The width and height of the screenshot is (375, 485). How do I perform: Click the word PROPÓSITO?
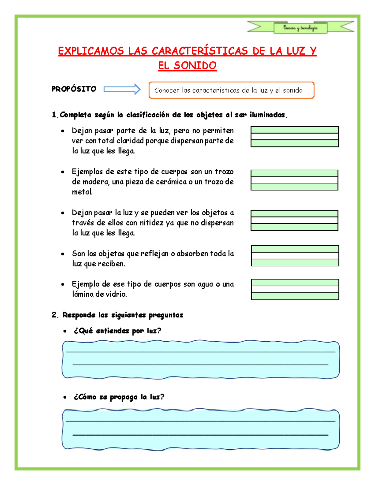pos(74,89)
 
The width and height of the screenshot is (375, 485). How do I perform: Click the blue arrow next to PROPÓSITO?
pos(122,89)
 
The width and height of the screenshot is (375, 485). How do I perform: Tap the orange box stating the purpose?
pos(231,90)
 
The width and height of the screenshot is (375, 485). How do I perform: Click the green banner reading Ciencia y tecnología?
pos(300,28)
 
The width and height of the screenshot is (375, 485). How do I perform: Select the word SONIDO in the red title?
pos(195,66)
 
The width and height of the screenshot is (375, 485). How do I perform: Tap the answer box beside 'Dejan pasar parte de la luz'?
pos(294,136)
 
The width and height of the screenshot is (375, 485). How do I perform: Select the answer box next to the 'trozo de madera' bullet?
pos(294,180)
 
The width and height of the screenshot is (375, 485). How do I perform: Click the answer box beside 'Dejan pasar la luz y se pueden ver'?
pos(294,220)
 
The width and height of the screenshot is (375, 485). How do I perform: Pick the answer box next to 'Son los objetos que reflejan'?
pos(295,255)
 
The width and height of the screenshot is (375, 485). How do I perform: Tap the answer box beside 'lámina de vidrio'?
pos(295,289)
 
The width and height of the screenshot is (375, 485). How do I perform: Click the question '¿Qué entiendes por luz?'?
pos(117,331)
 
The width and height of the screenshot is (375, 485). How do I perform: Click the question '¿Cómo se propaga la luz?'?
pos(119,397)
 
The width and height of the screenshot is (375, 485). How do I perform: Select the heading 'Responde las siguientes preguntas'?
pos(123,315)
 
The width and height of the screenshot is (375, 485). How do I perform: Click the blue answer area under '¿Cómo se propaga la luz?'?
pos(201,429)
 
